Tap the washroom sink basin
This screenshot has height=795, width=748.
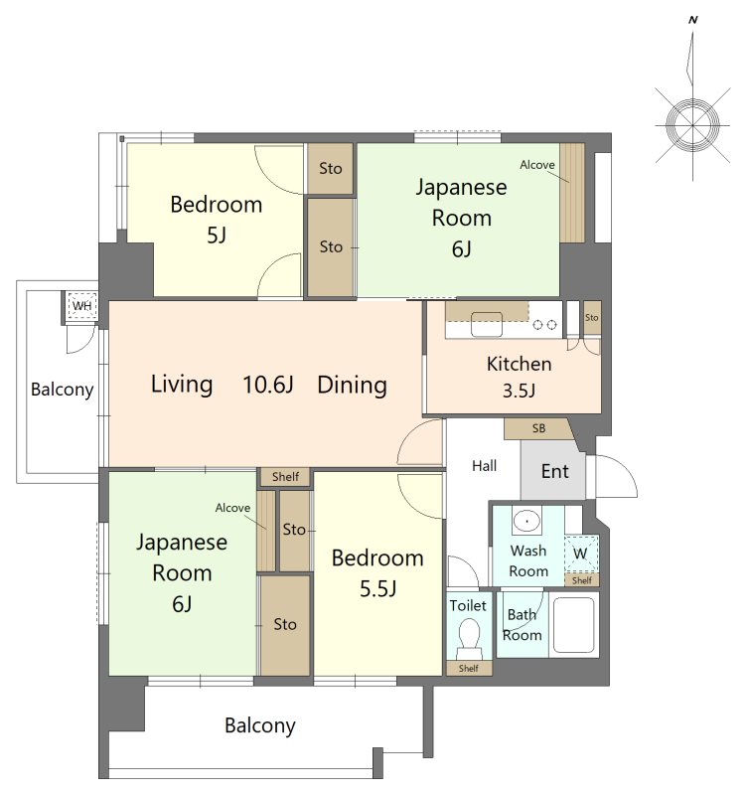click(527, 520)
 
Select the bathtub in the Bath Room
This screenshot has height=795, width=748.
click(574, 625)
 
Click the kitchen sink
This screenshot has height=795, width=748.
click(487, 324)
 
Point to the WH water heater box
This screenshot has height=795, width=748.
click(81, 306)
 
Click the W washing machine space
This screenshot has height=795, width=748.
click(581, 554)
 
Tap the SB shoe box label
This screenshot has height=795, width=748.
click(538, 428)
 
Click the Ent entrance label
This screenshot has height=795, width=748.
click(555, 471)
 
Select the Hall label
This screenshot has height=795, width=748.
click(484, 465)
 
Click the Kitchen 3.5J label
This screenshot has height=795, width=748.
click(519, 377)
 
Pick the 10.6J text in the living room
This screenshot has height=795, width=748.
click(268, 385)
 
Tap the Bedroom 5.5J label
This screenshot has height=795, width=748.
click(377, 573)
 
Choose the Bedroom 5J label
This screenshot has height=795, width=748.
click(217, 220)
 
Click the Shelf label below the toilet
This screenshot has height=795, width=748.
click(469, 668)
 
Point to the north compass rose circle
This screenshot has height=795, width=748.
click(692, 125)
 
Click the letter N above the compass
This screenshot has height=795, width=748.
click(692, 20)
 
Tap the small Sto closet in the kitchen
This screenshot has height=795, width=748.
click(592, 318)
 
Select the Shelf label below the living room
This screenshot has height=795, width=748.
click(285, 477)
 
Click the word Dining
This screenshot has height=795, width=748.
click(353, 386)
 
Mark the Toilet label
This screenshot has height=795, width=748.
click(468, 605)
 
